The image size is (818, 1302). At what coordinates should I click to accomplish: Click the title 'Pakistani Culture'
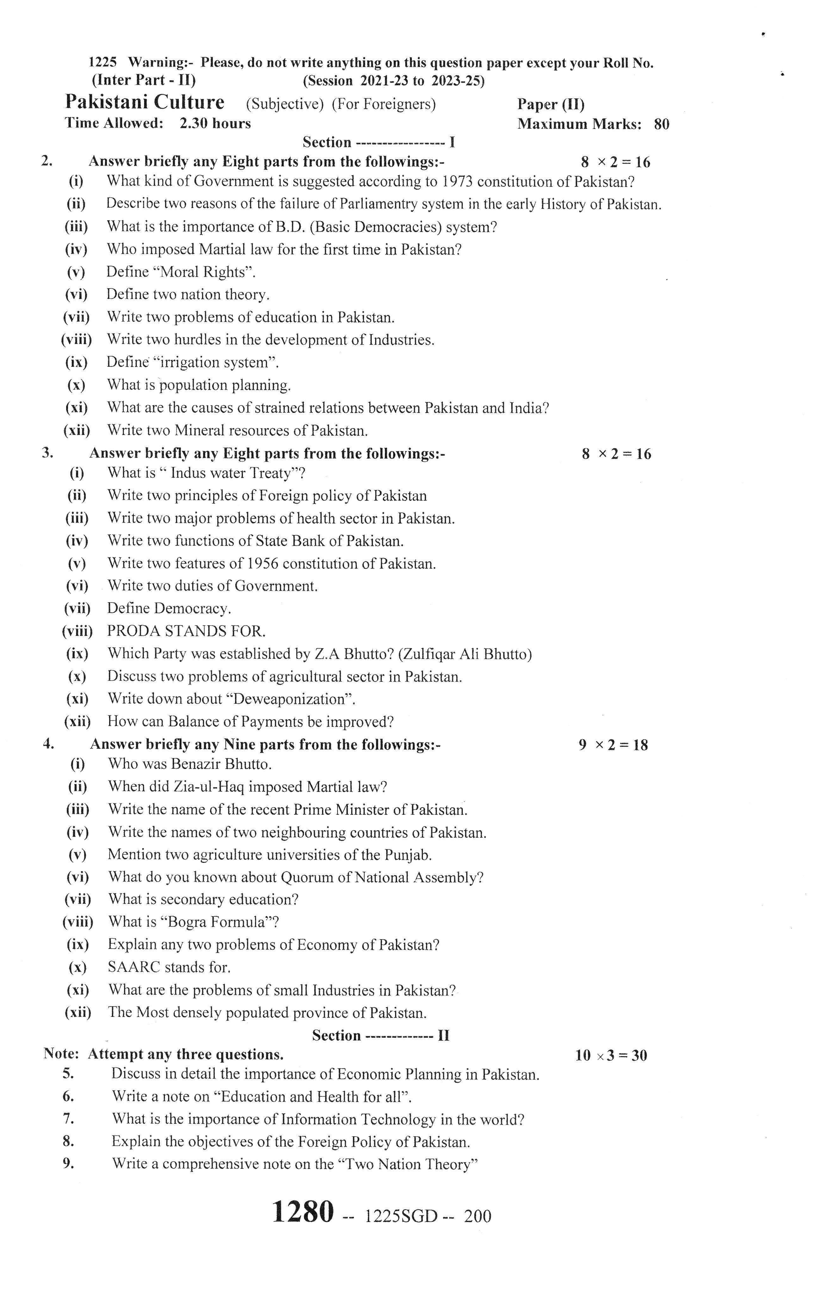coord(144,102)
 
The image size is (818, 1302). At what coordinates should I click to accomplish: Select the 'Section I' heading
coord(378,142)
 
